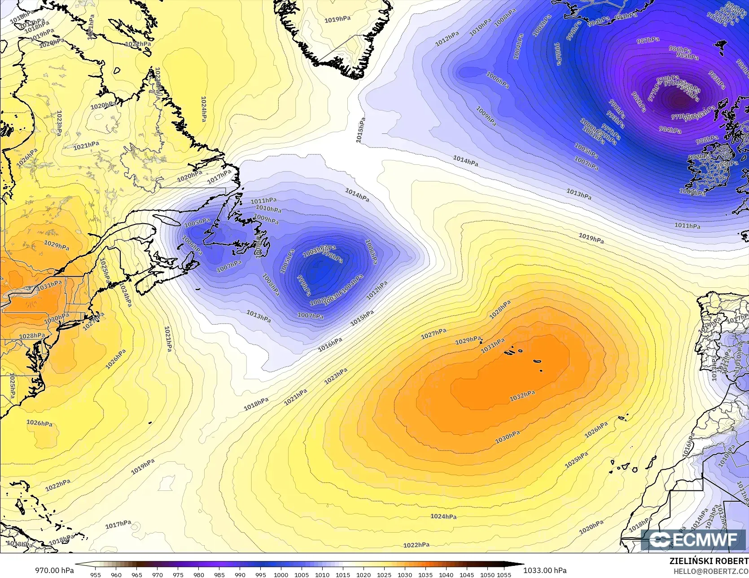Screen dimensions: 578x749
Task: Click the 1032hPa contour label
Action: click(x=522, y=396)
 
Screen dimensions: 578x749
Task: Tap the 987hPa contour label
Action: click(x=648, y=40)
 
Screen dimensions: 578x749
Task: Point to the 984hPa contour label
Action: click(x=670, y=130)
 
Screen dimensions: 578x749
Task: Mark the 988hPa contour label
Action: click(x=706, y=140)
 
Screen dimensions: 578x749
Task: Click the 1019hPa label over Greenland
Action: click(x=337, y=20)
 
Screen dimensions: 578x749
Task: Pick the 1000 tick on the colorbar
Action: click(x=281, y=574)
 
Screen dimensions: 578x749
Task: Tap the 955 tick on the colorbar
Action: click(x=96, y=574)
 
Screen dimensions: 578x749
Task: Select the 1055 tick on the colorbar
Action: click(x=504, y=574)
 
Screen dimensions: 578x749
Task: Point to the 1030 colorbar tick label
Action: click(x=405, y=574)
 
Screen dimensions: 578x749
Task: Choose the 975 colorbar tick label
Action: click(x=178, y=574)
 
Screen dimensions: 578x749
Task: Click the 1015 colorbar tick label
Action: click(x=343, y=574)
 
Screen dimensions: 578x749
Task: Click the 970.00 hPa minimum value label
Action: click(x=54, y=570)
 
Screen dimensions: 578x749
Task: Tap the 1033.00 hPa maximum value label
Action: click(x=545, y=570)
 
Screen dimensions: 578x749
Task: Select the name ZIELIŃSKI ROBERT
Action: click(x=709, y=561)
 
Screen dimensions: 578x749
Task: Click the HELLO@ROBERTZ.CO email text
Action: click(x=714, y=570)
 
